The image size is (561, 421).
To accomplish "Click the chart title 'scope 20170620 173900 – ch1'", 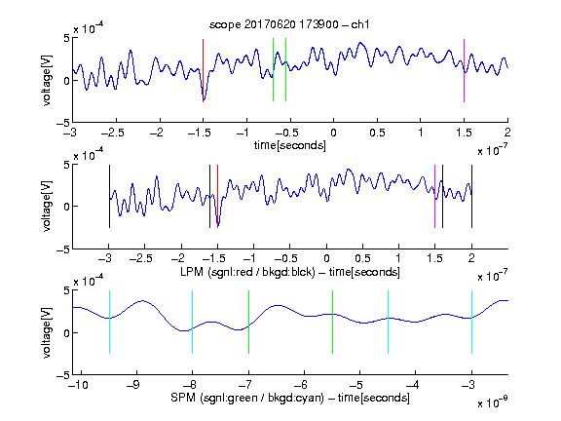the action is [x=289, y=24].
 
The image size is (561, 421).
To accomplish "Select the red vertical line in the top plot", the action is [x=203, y=70].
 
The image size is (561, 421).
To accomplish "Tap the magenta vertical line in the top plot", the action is [x=464, y=70].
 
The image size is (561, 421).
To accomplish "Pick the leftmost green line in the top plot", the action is [x=273, y=70].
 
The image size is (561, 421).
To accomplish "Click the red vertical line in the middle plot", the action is [x=217, y=196].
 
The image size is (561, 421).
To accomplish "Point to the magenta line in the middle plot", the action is [x=434, y=196].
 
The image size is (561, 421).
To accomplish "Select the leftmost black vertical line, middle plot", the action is [x=109, y=196].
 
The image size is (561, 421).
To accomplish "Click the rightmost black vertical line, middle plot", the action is [x=471, y=196].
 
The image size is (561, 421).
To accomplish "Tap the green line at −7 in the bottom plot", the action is [x=248, y=323].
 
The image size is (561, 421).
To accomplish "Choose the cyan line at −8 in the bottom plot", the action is [x=193, y=323].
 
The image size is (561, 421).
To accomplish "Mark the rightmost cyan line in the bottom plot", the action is [x=471, y=323].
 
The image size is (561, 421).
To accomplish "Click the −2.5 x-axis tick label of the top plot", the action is [x=113, y=133].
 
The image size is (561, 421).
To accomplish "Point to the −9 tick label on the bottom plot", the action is [x=133, y=385].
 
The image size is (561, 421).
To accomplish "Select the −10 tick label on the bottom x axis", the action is [x=78, y=385].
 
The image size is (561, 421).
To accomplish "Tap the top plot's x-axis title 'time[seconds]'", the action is [x=290, y=146].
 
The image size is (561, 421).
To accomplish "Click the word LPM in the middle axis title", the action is [x=192, y=272].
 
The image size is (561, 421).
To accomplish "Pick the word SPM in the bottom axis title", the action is [x=183, y=398].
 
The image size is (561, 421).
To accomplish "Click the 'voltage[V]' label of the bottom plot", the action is [x=47, y=332].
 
